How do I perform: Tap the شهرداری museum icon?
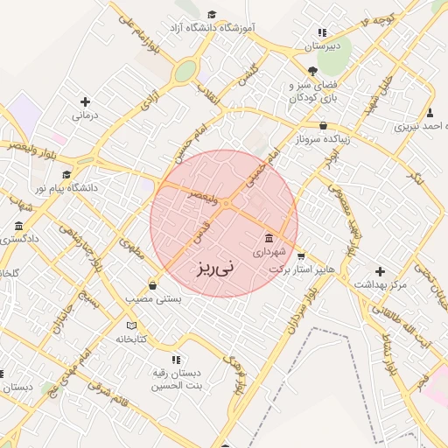pyautogui.click(x=268, y=239)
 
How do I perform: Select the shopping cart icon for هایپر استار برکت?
pyautogui.click(x=301, y=256)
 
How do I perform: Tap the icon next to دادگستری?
pyautogui.click(x=19, y=227)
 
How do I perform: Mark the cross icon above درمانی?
pyautogui.click(x=85, y=101)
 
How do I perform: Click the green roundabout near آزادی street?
pyautogui.click(x=184, y=72)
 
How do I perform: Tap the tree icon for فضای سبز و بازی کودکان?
pyautogui.click(x=312, y=71)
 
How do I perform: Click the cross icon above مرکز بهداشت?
pyautogui.click(x=379, y=271)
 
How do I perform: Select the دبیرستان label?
pyautogui.click(x=320, y=45)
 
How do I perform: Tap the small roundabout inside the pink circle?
pyautogui.click(x=226, y=204)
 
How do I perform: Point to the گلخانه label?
pyautogui.click(x=9, y=274)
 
